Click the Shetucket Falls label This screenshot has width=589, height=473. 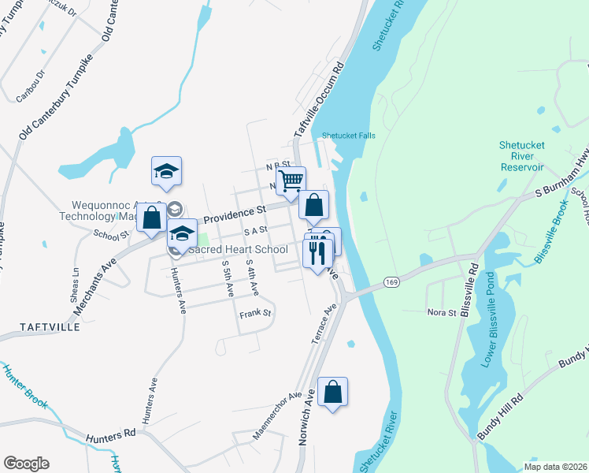[348, 136]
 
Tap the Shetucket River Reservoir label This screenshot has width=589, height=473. [521, 156]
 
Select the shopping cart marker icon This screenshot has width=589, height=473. [291, 181]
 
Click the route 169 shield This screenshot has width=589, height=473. [390, 281]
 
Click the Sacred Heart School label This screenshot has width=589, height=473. [236, 250]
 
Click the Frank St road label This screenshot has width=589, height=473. [255, 314]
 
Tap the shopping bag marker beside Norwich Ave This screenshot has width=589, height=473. [332, 391]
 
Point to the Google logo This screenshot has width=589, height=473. [26, 464]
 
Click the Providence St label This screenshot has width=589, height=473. [234, 212]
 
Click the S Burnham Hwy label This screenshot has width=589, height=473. [561, 181]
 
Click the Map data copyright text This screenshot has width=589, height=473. [554, 467]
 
